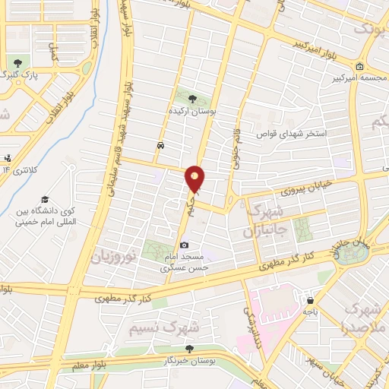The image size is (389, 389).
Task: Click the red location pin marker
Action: [195, 179]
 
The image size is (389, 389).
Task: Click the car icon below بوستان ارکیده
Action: [160, 144]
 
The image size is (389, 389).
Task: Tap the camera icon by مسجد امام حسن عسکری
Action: [185, 245]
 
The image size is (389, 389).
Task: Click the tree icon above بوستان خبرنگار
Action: [189, 348]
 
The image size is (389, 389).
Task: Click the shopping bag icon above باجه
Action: [308, 299]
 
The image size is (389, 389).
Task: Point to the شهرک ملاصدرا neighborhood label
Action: [364, 317]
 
